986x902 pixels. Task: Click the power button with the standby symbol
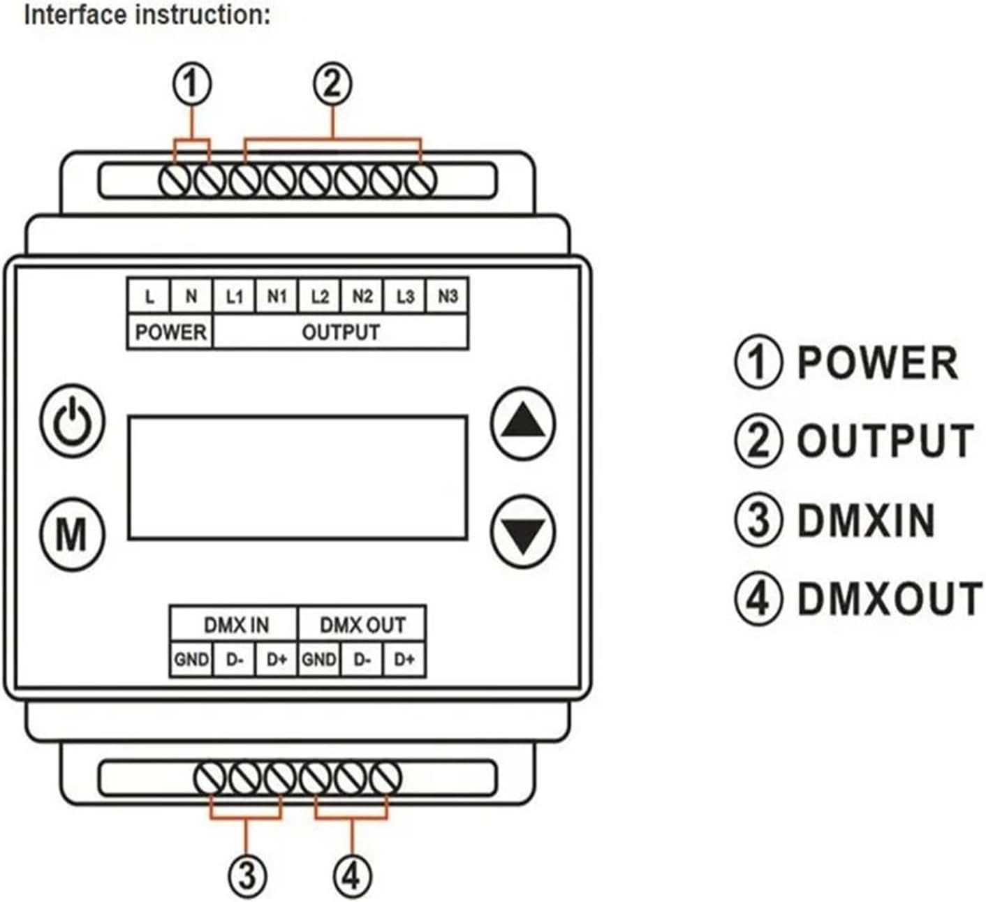[72, 420]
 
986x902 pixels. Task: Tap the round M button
[71, 534]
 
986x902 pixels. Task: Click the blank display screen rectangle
[297, 478]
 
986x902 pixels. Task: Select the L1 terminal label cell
[234, 297]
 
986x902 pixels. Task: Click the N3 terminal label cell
[447, 297]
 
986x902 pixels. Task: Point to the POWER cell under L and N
[170, 332]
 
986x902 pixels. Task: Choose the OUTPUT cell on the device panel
[341, 332]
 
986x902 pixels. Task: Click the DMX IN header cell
[235, 624]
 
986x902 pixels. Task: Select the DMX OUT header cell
[362, 624]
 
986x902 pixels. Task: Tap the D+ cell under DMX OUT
[404, 659]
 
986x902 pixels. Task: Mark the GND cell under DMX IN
[191, 659]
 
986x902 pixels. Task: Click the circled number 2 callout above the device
[332, 84]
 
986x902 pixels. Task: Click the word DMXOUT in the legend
[889, 600]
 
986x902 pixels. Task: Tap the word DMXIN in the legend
[866, 521]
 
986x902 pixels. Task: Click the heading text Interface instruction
[147, 15]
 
